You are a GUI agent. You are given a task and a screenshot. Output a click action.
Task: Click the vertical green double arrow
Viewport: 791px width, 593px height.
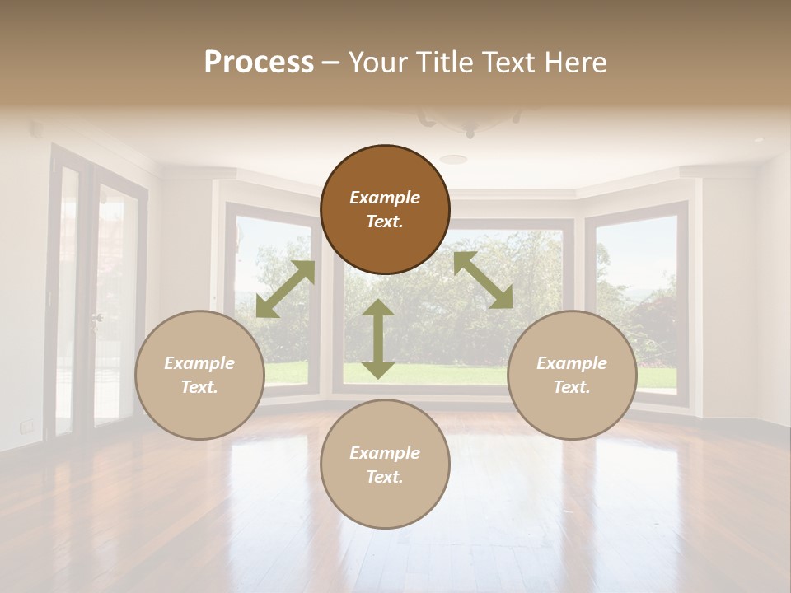[378, 339]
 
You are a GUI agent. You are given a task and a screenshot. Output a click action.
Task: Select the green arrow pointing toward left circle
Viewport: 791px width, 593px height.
[285, 288]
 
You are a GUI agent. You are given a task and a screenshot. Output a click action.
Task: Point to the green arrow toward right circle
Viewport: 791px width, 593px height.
[483, 280]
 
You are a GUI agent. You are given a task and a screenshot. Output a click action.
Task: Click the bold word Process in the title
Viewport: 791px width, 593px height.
[259, 62]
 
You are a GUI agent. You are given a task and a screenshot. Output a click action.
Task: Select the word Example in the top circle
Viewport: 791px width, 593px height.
[385, 198]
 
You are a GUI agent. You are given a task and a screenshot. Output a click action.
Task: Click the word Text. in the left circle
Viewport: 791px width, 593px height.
[199, 387]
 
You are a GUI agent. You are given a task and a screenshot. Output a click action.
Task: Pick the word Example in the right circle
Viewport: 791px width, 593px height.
[572, 363]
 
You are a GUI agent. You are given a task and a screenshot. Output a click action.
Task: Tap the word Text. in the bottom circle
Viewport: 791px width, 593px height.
[385, 477]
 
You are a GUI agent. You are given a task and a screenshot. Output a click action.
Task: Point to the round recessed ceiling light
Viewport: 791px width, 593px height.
[452, 159]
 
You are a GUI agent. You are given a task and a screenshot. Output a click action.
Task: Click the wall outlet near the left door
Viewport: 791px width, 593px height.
[27, 425]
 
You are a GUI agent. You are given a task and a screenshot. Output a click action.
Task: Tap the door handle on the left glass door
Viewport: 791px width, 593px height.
[97, 317]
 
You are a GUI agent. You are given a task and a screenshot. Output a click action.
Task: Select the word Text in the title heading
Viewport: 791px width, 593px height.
[506, 62]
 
